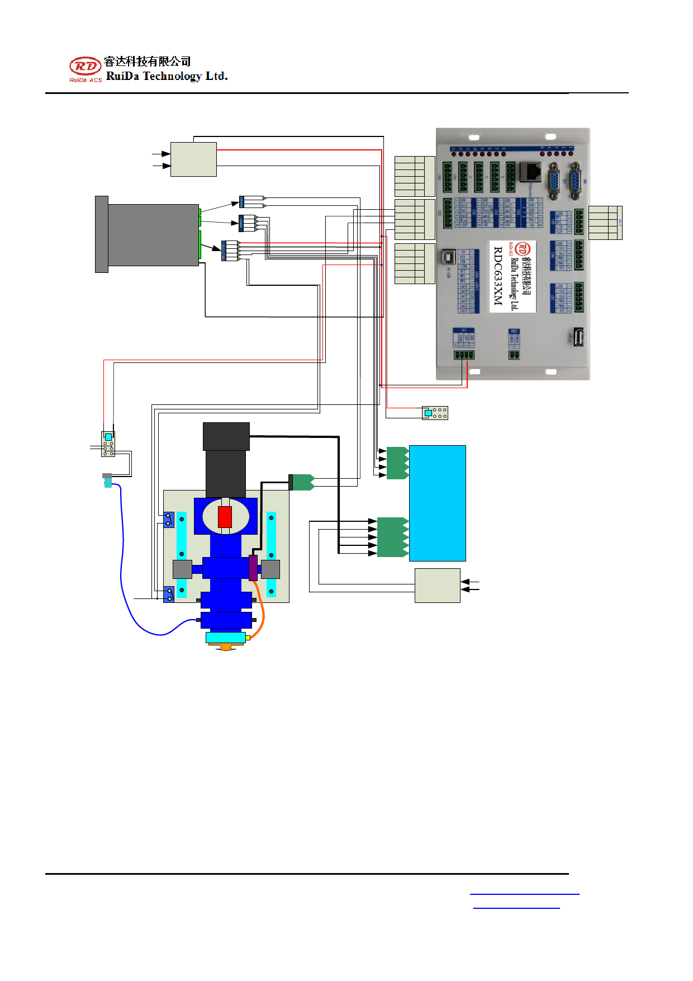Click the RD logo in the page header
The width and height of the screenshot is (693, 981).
pyautogui.click(x=85, y=67)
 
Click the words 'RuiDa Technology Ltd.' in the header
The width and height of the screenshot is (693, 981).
pyautogui.click(x=167, y=76)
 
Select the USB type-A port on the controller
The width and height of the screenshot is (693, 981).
pyautogui.click(x=577, y=337)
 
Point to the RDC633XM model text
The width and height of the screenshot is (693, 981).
pyautogui.click(x=497, y=276)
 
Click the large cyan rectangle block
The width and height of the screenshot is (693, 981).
pyautogui.click(x=437, y=503)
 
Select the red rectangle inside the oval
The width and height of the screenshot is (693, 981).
pyautogui.click(x=225, y=517)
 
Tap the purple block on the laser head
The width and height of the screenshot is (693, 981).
pyautogui.click(x=253, y=568)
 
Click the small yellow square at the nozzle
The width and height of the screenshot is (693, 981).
pyautogui.click(x=248, y=638)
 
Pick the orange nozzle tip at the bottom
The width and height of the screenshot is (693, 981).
pyautogui.click(x=225, y=647)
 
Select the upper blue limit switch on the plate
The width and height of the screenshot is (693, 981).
pyautogui.click(x=169, y=520)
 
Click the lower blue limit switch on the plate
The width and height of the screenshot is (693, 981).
pyautogui.click(x=169, y=594)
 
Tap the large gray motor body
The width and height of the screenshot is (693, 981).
pyautogui.click(x=153, y=235)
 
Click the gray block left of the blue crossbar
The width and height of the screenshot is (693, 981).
pyautogui.click(x=182, y=569)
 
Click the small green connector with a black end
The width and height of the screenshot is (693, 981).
pyautogui.click(x=301, y=482)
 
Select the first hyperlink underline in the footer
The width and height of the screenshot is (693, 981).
pyautogui.click(x=524, y=894)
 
